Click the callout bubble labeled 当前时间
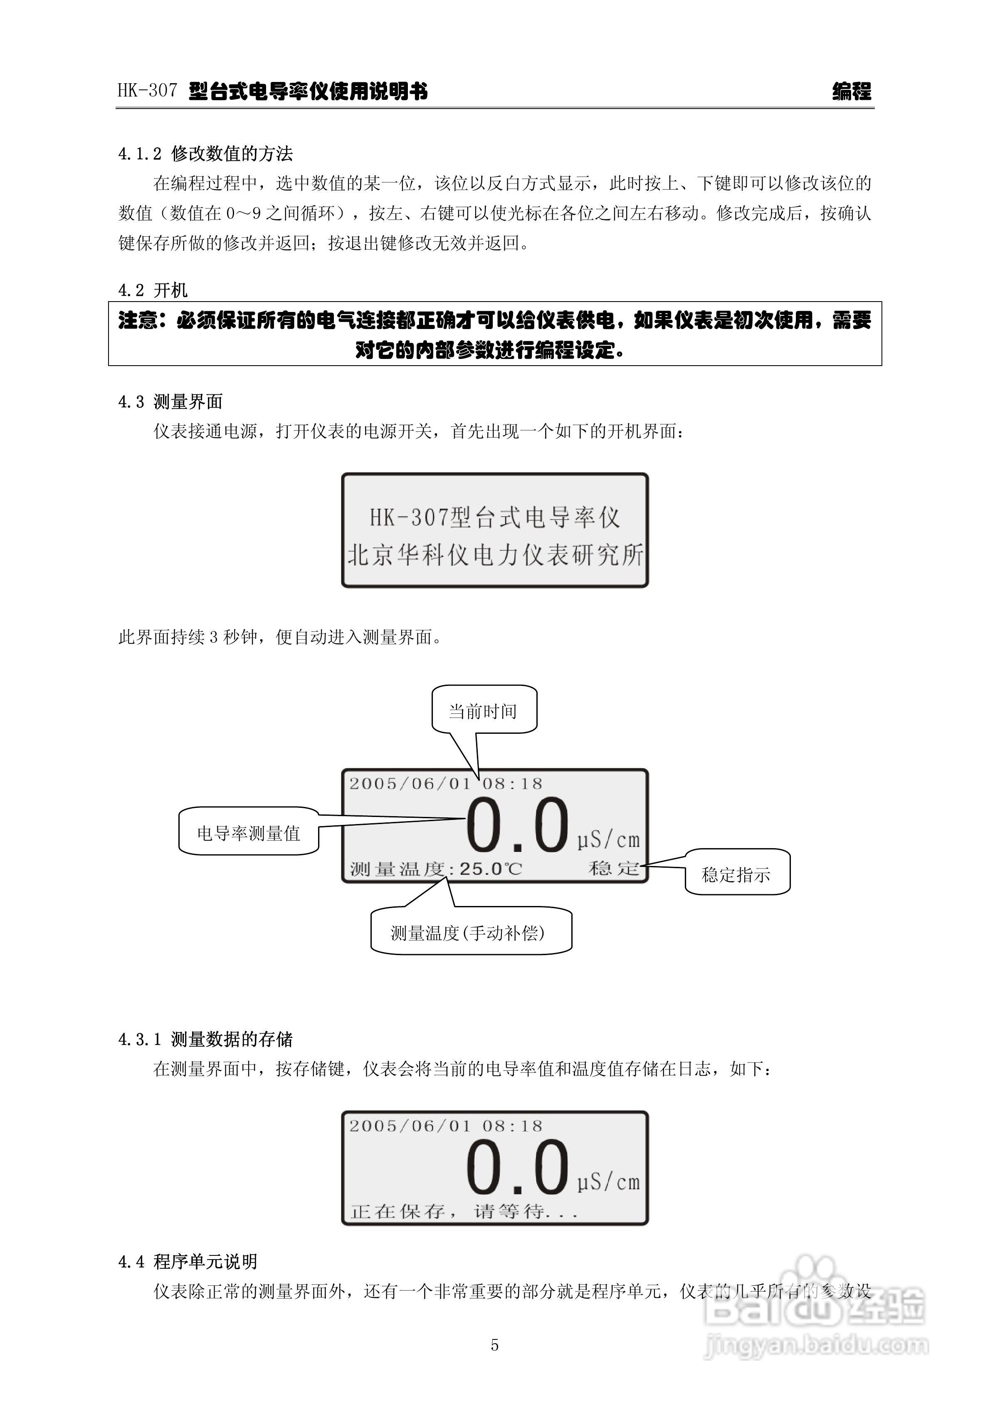(484, 710)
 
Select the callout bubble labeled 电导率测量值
(248, 833)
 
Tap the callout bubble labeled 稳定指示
(736, 874)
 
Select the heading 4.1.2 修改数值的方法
(205, 154)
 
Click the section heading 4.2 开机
(153, 290)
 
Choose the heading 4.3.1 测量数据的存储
(205, 1039)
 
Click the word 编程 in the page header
(852, 92)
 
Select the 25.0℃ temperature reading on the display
(490, 868)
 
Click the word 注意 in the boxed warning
(137, 320)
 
